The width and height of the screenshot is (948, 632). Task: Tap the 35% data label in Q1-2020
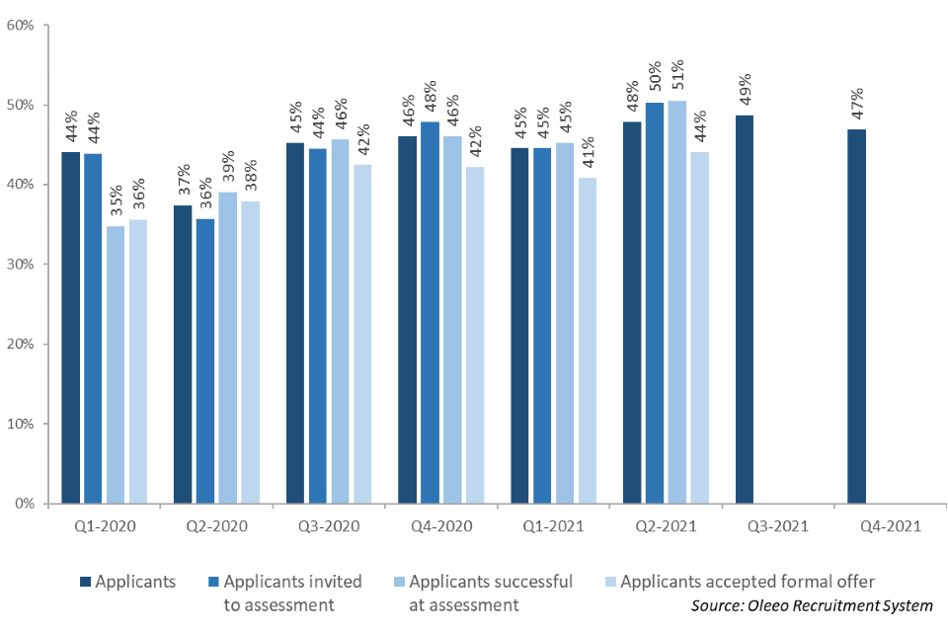116,202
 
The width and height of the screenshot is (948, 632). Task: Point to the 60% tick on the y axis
21,25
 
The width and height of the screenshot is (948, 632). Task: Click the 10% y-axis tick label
21,424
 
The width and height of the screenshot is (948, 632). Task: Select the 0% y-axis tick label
25,504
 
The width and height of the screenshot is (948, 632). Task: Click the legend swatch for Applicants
86,583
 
